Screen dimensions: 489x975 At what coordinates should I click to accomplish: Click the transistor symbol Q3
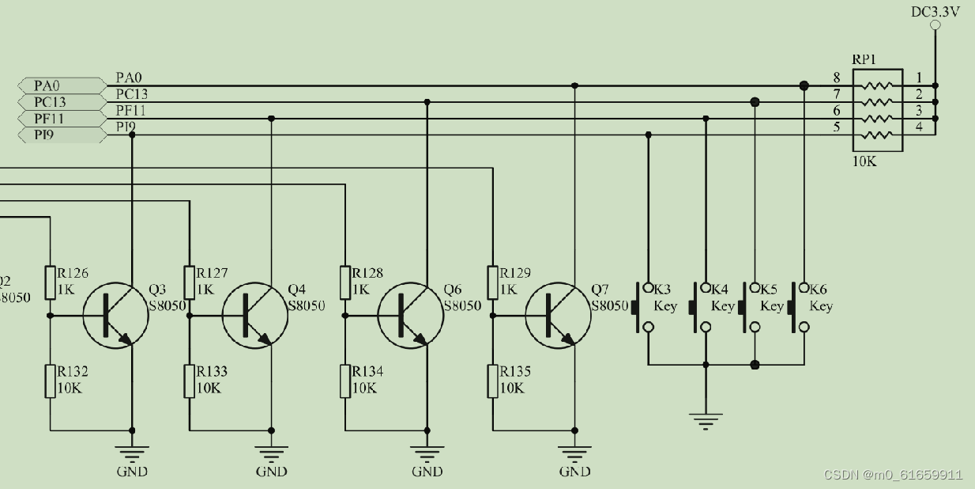coord(115,315)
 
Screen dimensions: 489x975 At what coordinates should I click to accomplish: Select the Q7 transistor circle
coord(558,315)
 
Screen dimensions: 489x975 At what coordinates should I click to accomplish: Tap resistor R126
coord(51,282)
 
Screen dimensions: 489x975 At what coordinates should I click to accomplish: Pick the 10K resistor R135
coord(493,381)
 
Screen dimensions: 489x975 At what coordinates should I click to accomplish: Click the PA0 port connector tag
coord(61,85)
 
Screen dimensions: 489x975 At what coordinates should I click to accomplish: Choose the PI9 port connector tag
coord(61,135)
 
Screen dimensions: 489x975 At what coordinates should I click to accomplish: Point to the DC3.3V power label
coord(935,11)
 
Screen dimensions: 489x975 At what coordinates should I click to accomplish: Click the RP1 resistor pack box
coord(877,110)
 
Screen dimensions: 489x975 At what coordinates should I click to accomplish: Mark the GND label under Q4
coord(271,472)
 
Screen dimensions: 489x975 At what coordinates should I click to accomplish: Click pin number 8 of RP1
coord(837,78)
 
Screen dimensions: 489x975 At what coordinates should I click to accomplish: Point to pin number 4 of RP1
coord(919,127)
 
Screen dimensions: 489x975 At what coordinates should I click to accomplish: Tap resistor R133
coord(190,381)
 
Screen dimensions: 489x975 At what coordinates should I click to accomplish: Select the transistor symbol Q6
coord(411,315)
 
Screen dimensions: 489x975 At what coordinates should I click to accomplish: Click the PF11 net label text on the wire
coord(130,111)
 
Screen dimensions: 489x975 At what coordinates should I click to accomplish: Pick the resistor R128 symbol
coord(345,282)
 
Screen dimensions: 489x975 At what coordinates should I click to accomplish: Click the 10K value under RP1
coord(864,161)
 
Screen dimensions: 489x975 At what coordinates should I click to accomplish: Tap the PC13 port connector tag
coord(61,102)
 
